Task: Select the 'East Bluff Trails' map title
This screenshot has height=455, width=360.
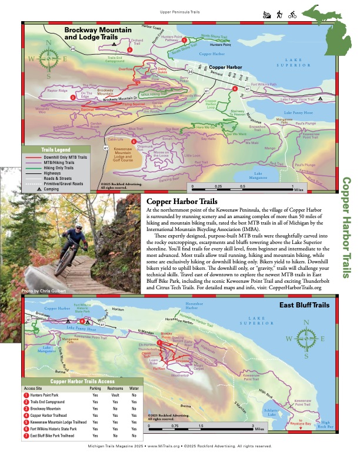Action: point(304,307)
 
